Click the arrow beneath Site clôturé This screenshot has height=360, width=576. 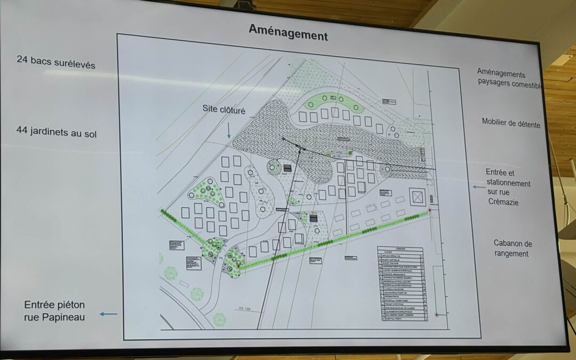228,130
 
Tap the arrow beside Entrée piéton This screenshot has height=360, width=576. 108,314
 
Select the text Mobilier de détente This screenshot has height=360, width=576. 510,123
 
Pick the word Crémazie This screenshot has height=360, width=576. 503,202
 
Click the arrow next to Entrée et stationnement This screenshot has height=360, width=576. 478,187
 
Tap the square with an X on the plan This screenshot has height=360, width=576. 417,197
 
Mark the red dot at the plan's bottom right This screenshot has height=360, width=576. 437,315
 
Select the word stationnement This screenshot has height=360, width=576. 508,183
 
